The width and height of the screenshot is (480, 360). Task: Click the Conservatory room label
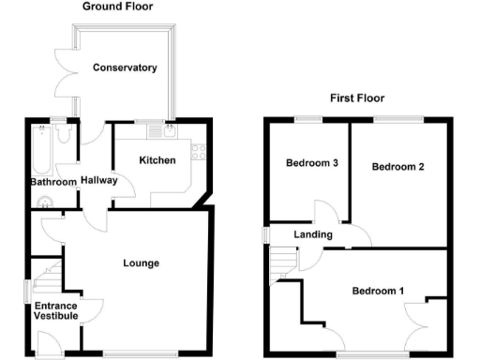[x=124, y=67]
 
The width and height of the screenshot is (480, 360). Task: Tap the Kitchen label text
[x=157, y=160]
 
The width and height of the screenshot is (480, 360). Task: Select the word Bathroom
[x=52, y=182]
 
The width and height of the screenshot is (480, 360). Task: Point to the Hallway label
[x=98, y=180]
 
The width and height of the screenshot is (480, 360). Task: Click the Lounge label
[x=141, y=263]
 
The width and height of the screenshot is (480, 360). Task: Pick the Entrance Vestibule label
[x=56, y=311]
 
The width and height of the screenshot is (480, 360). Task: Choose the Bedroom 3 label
[x=312, y=163]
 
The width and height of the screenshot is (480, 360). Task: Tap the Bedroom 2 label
[x=398, y=167]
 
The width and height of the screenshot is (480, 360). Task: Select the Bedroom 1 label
[x=378, y=291]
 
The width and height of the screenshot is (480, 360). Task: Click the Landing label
[x=309, y=234]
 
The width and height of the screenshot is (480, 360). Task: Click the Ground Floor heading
[x=118, y=7]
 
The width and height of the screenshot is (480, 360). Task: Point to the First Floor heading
[x=357, y=97]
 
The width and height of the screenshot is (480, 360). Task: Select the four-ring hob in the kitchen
[x=197, y=149]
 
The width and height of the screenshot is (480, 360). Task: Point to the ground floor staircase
[x=47, y=277]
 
